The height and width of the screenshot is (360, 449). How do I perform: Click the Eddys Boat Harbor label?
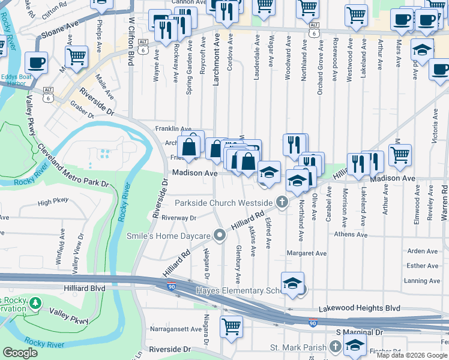[x=17, y=77]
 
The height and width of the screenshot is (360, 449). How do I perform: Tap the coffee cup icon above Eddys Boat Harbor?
[x=37, y=62]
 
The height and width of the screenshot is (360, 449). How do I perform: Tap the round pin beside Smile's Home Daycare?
[x=220, y=236]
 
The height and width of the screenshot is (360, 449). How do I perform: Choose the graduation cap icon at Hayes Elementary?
[x=292, y=283]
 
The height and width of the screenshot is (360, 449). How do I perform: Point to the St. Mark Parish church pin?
[x=335, y=347]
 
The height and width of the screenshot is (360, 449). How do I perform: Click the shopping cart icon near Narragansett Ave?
[x=231, y=327]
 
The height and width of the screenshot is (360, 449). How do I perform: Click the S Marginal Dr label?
[x=359, y=332]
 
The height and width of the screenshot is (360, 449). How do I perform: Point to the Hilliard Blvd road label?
[x=84, y=288]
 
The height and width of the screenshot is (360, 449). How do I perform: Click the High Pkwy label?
[x=53, y=202]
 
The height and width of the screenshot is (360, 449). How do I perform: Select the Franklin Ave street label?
[x=173, y=128]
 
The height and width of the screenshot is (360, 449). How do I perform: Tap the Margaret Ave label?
[x=307, y=253]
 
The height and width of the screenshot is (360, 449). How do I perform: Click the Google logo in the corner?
[x=20, y=353]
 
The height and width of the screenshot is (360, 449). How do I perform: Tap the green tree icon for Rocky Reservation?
[x=37, y=303]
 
